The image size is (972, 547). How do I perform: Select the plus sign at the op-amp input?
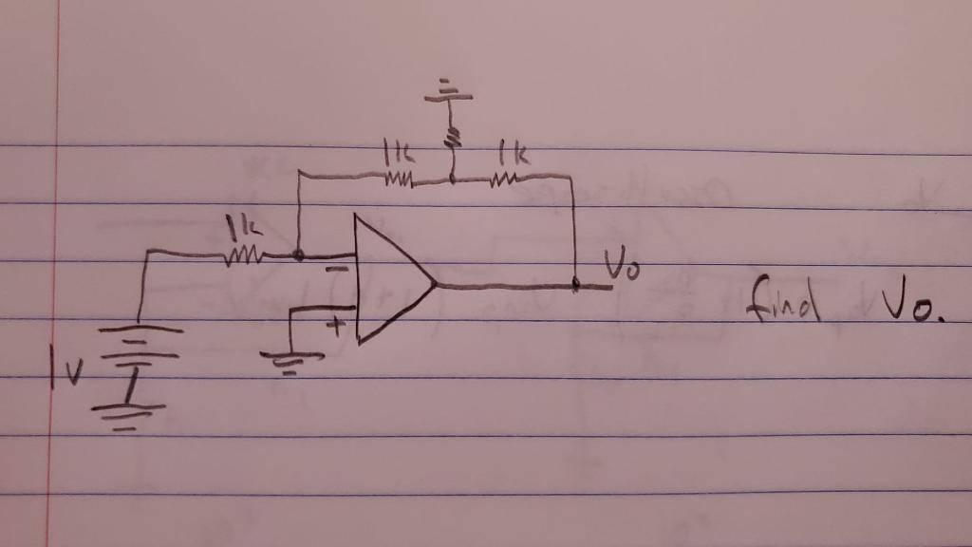(334, 327)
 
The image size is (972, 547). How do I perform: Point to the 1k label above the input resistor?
(238, 228)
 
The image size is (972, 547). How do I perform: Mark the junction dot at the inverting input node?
(299, 255)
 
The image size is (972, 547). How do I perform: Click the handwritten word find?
(782, 300)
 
